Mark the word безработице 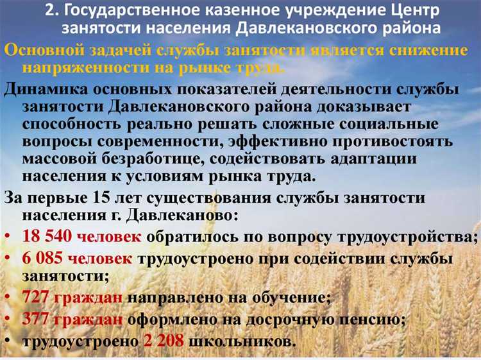coord(183,159)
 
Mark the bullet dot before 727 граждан coord(8,298)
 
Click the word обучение coord(292,298)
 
